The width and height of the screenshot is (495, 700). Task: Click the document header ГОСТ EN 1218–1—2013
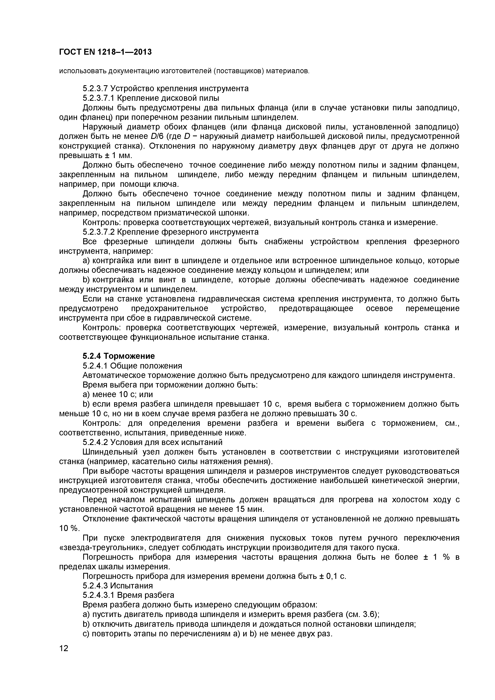coord(105,52)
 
